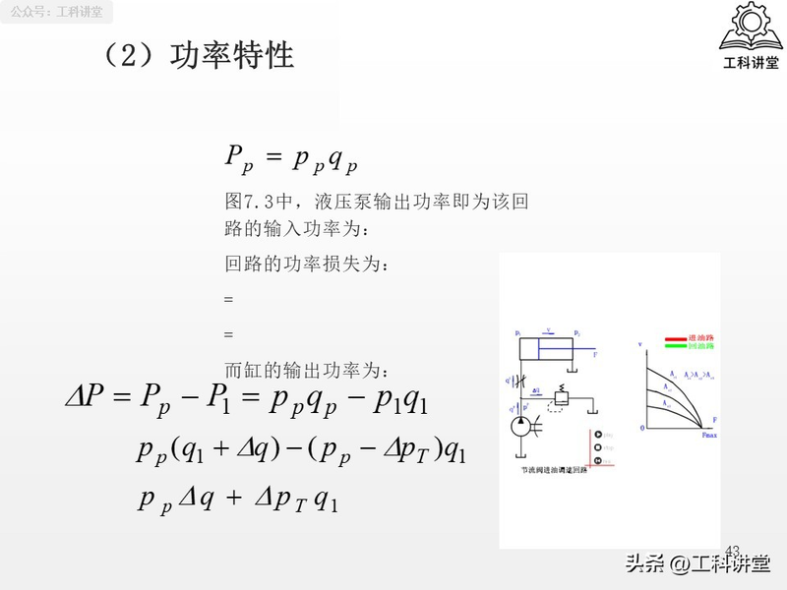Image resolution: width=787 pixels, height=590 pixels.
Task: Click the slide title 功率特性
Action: point(232,55)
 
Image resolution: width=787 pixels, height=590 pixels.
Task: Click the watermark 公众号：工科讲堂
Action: point(57,13)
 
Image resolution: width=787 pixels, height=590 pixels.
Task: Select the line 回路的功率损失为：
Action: point(308,265)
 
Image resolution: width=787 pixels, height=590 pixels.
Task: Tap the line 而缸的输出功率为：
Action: point(308,371)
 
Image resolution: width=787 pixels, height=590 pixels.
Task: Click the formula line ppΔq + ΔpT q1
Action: point(238,500)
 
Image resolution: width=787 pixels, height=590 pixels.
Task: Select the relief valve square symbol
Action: point(562,399)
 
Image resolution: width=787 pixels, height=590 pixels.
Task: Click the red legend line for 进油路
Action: point(676,338)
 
